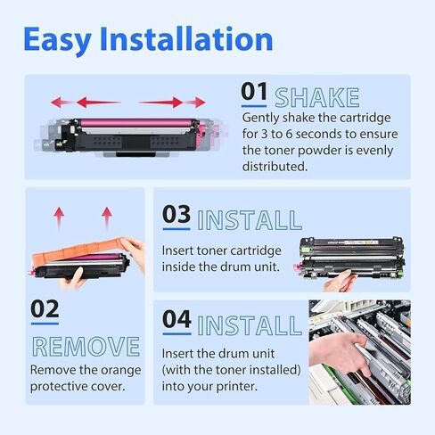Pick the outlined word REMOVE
point(86,347)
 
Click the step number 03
point(176,217)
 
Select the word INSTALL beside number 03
point(249,219)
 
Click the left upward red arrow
point(60,217)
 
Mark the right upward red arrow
point(107,217)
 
